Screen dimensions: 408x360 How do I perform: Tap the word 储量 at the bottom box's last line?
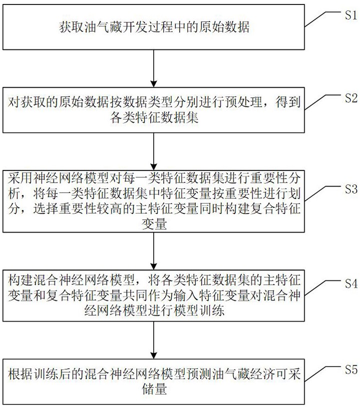pyautogui.click(x=154, y=388)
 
